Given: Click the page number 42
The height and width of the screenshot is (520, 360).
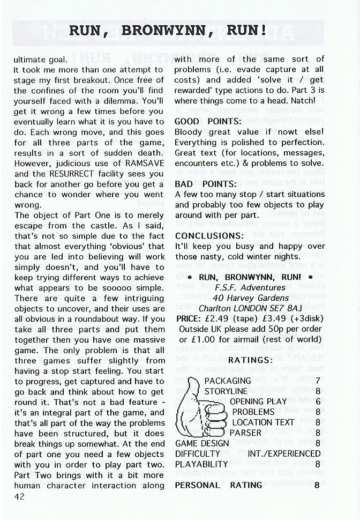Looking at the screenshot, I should [x=19, y=496].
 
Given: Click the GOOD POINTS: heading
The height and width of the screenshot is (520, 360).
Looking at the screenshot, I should [x=208, y=121].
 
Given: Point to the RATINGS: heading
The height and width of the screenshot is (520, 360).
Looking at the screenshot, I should [x=251, y=360].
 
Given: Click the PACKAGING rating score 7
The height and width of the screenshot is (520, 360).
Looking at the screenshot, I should [x=318, y=381].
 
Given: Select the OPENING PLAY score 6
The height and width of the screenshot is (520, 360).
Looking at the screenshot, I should [x=318, y=402].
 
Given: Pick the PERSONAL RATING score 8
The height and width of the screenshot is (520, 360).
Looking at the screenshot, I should [x=317, y=485].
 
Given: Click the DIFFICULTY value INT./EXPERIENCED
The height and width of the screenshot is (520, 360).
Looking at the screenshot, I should [x=284, y=454].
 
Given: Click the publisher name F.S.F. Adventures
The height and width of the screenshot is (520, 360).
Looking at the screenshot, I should [x=249, y=287].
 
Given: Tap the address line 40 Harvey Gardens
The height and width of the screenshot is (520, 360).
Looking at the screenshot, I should [x=249, y=298].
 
